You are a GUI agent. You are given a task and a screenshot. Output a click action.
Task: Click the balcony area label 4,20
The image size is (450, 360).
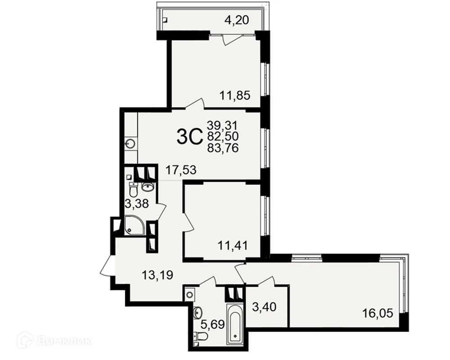[237, 20]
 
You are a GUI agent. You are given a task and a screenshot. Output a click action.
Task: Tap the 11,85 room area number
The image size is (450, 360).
[235, 95]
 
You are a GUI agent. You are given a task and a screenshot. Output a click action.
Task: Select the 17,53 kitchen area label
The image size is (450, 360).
[181, 170]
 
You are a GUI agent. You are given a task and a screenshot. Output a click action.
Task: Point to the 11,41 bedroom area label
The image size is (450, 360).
[233, 246]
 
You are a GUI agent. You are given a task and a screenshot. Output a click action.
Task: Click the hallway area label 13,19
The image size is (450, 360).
[157, 275]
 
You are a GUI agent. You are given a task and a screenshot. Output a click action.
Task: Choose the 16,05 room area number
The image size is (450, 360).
[378, 313]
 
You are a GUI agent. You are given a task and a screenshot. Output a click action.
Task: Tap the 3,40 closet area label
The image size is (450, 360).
[264, 307]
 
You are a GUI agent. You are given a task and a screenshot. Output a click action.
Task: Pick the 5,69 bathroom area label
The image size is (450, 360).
[213, 325]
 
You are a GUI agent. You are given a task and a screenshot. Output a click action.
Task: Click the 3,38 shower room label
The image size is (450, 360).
[137, 204]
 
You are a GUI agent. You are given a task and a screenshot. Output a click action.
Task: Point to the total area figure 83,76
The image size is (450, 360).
[223, 148]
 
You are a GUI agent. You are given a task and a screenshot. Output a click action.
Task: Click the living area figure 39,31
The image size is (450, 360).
[223, 125]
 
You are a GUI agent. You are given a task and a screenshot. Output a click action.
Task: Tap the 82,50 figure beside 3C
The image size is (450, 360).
[223, 137]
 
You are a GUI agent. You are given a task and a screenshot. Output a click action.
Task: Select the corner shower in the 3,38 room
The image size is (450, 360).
[134, 225]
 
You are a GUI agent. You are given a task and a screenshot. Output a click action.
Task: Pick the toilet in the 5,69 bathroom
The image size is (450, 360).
[200, 335]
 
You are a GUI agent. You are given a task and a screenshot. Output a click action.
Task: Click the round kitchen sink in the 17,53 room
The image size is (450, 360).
[131, 143]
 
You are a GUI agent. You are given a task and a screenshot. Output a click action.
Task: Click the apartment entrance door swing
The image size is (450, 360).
[108, 265]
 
